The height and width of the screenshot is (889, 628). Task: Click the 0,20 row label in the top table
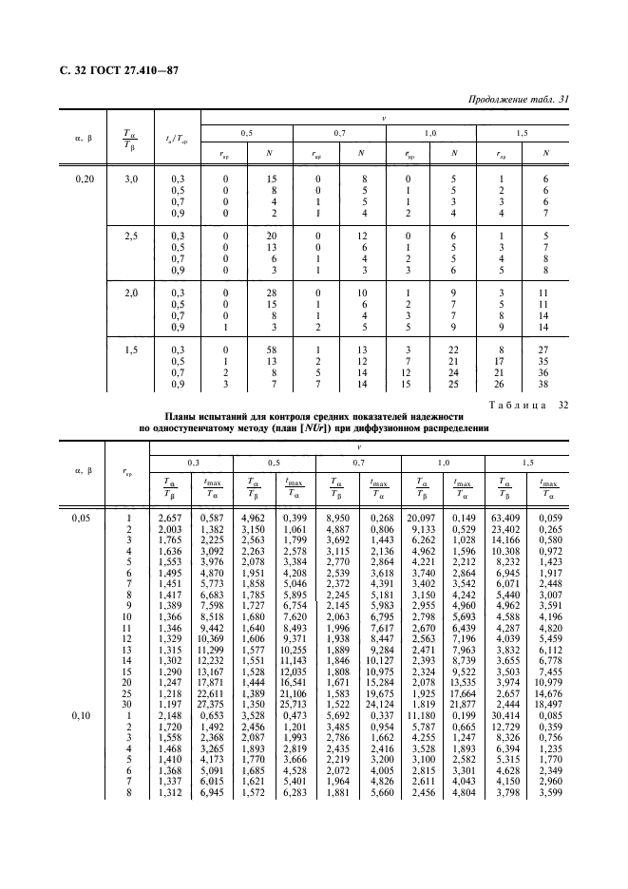click(84, 178)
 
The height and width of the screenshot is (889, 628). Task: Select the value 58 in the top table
click(272, 349)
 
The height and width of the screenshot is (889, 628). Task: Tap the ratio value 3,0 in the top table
click(132, 178)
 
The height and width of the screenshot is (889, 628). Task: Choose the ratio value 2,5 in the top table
click(132, 235)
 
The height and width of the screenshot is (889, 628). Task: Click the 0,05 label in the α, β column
click(84, 517)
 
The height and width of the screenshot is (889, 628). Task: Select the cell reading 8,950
click(339, 517)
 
